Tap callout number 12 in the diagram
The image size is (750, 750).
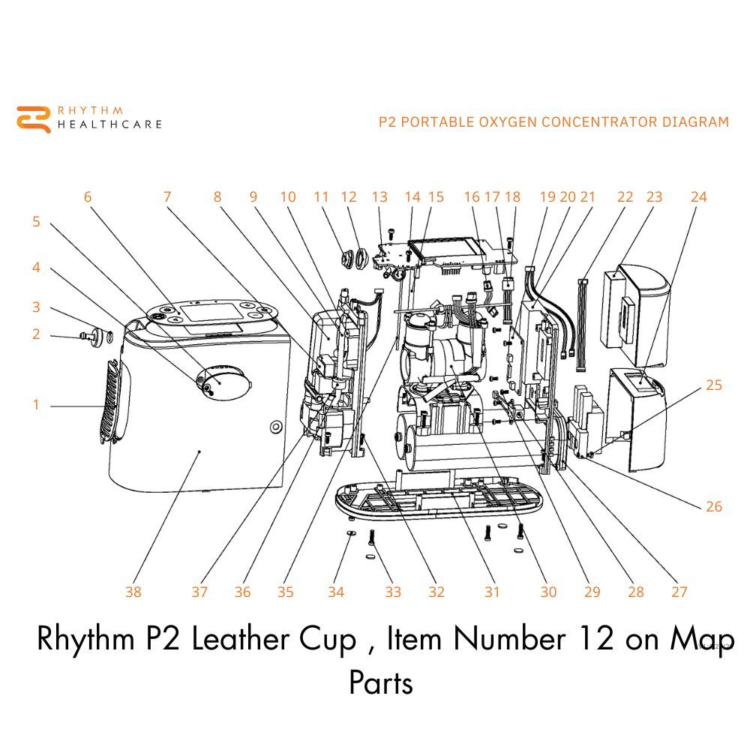348,197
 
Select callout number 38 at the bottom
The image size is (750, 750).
133,592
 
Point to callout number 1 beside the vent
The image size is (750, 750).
35,405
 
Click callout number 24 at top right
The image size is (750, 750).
698,197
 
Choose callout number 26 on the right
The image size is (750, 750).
714,506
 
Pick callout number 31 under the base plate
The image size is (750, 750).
491,592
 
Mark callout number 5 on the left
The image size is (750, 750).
35,222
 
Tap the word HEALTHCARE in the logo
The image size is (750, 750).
109,124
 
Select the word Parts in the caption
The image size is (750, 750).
380,683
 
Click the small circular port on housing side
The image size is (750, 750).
275,427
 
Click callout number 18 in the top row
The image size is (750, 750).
512,197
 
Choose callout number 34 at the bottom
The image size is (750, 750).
335,592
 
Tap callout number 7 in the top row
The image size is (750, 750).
166,197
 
